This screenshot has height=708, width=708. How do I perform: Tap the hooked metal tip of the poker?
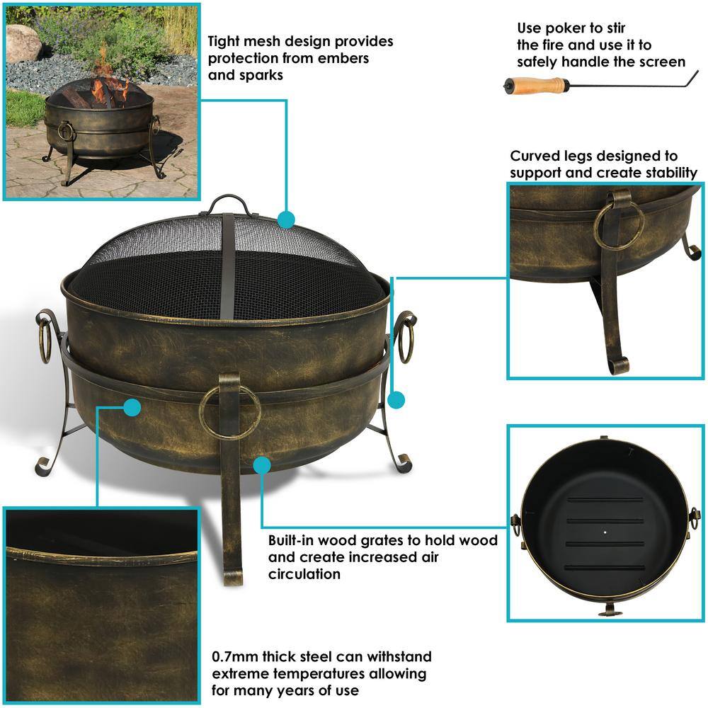[692, 80]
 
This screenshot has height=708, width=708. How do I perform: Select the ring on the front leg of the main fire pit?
[230, 412]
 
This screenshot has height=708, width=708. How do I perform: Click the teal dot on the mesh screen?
[286, 220]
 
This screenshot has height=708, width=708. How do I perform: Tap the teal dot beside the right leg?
[396, 399]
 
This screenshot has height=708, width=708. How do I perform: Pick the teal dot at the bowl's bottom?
[262, 465]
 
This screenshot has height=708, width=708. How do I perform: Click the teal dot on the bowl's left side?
[132, 407]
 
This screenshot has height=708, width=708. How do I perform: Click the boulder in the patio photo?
[23, 43]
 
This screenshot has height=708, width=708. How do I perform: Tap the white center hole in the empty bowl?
[605, 532]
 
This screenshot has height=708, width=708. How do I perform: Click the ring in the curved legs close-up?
[619, 226]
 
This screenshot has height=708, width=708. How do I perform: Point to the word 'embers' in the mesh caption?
[343, 58]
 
